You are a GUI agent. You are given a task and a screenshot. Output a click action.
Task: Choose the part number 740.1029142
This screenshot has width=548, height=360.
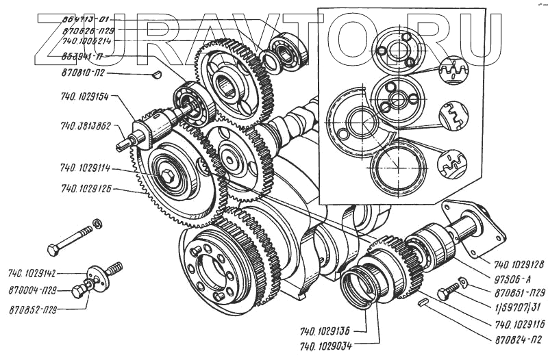click(x=34, y=272)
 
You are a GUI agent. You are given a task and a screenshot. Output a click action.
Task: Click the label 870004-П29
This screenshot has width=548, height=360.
click(x=32, y=292)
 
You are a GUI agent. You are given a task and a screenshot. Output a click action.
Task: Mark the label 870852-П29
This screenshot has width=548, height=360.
click(x=32, y=310)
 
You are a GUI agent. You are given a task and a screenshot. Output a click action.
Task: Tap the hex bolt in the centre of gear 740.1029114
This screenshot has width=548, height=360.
click(x=168, y=177)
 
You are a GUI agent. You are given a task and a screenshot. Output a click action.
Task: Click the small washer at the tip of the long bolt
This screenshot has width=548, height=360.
click(x=97, y=223)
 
